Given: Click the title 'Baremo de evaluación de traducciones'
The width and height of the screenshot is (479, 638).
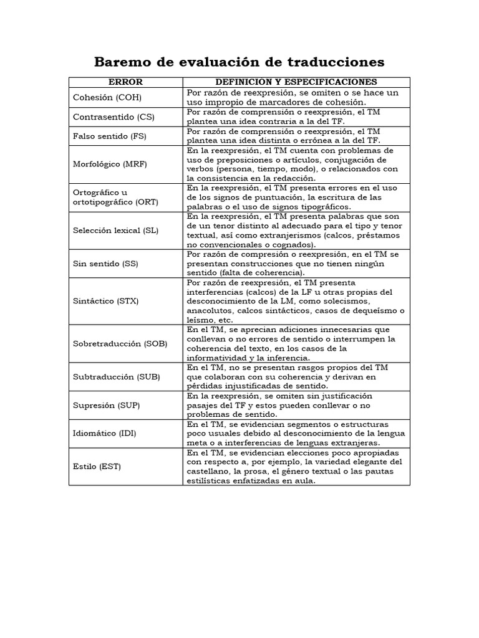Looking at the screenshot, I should click(x=239, y=62).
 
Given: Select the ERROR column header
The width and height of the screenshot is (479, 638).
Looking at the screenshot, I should click(x=125, y=82).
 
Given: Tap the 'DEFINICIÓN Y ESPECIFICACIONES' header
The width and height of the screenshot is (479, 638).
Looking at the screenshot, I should click(x=296, y=82).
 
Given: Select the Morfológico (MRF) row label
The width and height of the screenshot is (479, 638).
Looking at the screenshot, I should click(x=110, y=164).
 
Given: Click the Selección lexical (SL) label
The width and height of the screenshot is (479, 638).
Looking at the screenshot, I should click(x=116, y=231).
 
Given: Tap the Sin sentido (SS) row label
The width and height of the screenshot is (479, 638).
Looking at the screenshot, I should click(x=105, y=264).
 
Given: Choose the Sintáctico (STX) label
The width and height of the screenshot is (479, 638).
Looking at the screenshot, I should click(x=106, y=301).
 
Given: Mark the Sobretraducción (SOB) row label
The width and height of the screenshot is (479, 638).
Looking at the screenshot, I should click(x=120, y=343).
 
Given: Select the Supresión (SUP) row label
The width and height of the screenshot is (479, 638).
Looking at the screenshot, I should click(x=107, y=405).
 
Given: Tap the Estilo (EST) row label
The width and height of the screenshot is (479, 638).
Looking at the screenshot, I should click(x=97, y=466).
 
